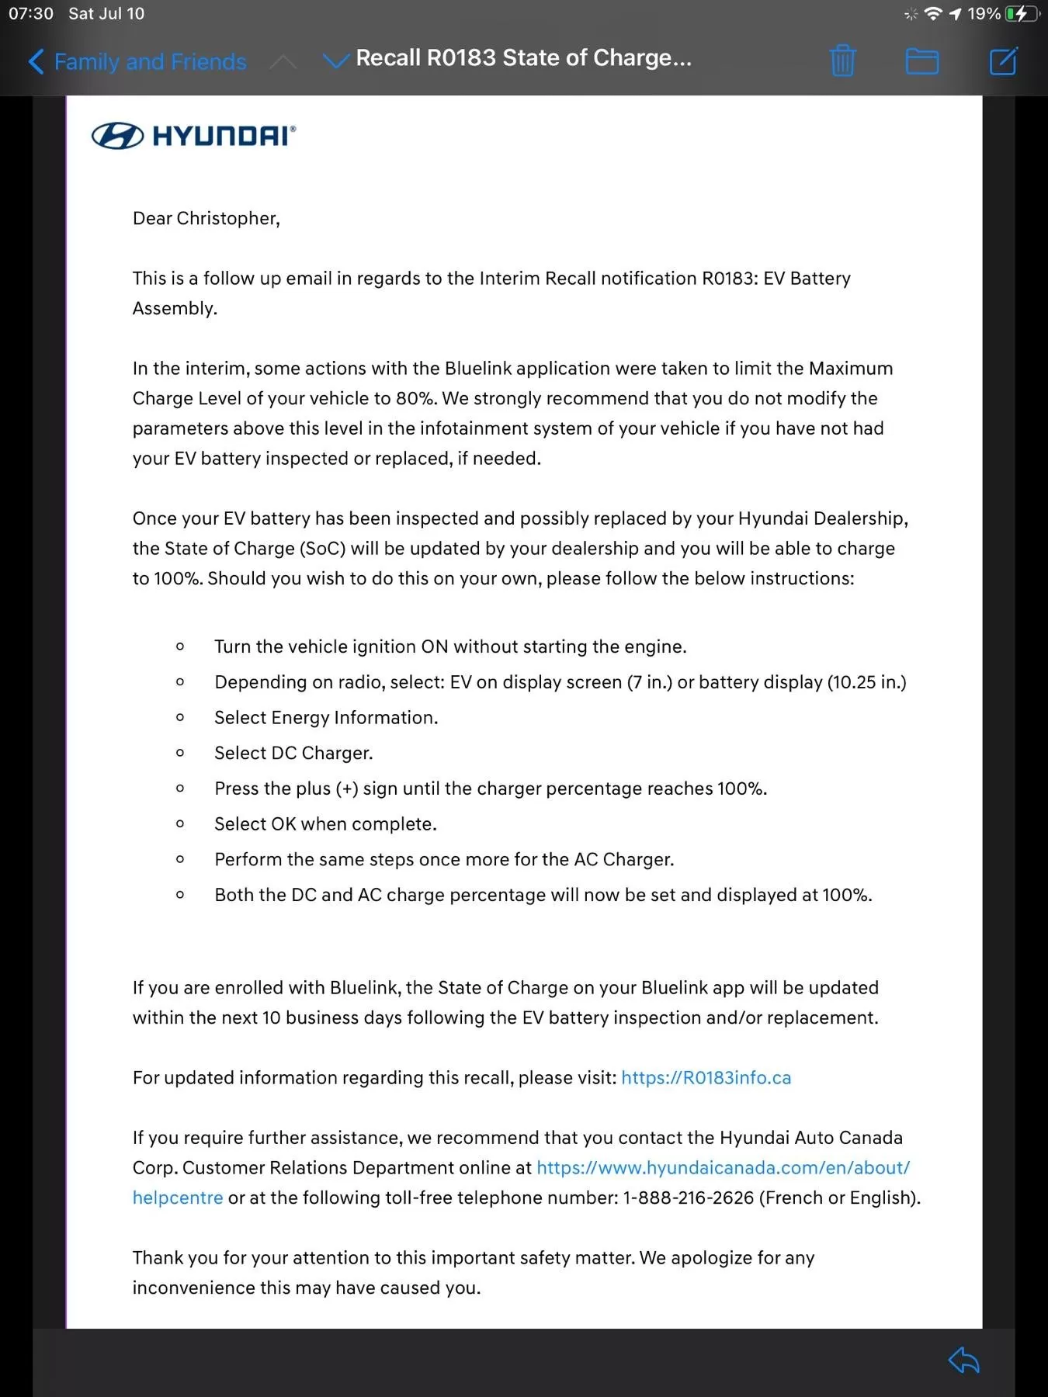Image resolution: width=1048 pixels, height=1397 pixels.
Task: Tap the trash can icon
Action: click(x=842, y=61)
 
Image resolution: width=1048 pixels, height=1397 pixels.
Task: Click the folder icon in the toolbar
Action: click(x=922, y=61)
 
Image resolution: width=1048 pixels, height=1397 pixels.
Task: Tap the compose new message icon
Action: click(x=1003, y=61)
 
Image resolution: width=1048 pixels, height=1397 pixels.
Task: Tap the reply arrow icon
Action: click(x=964, y=1360)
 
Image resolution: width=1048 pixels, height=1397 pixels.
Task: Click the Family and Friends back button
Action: click(x=137, y=61)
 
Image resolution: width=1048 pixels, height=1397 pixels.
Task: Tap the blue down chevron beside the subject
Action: click(x=335, y=61)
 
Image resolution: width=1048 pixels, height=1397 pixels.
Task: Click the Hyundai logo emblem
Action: click(x=117, y=136)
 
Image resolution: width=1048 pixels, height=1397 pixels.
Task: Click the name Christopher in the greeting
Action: click(x=227, y=218)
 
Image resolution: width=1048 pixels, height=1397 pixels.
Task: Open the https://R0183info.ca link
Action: click(x=706, y=1077)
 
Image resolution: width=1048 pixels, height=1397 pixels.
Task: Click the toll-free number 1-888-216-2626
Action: click(x=689, y=1198)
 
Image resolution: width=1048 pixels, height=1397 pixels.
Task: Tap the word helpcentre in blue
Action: click(x=178, y=1198)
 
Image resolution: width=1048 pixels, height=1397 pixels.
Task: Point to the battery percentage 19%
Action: click(x=984, y=14)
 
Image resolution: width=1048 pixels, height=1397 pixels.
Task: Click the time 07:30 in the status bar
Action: click(x=31, y=13)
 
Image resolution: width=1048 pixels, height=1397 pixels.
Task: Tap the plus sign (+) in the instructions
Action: click(x=347, y=789)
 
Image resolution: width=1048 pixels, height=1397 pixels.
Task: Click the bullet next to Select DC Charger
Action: click(x=180, y=753)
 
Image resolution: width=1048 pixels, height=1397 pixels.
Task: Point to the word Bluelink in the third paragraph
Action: click(x=485, y=368)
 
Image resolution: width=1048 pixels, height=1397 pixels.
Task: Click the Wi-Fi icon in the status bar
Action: click(x=934, y=14)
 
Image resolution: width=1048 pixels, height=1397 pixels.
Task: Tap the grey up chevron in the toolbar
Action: click(x=283, y=61)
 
